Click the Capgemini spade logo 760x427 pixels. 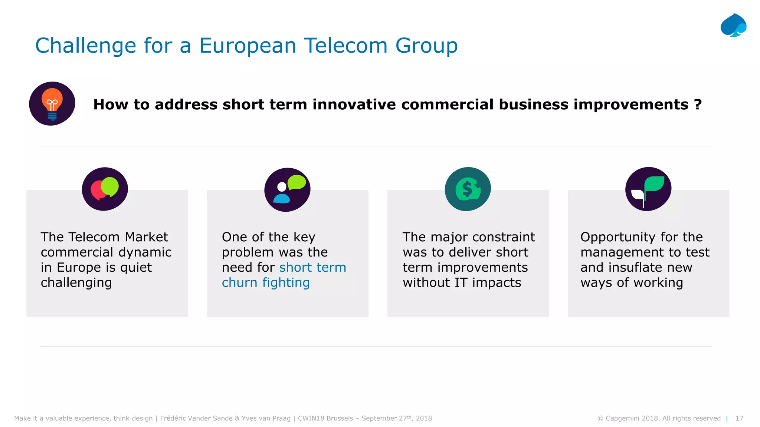pyautogui.click(x=733, y=25)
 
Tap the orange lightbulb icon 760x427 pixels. pyautogui.click(x=52, y=104)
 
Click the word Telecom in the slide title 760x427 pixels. pyautogui.click(x=345, y=46)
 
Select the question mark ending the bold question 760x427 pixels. pyautogui.click(x=698, y=105)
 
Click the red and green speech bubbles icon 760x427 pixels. pyautogui.click(x=105, y=189)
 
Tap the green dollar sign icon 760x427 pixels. pyautogui.click(x=468, y=189)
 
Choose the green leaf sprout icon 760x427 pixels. pyautogui.click(x=648, y=189)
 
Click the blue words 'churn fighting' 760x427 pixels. pyautogui.click(x=266, y=283)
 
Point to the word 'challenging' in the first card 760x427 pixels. pyautogui.click(x=76, y=283)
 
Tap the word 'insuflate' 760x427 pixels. pyautogui.click(x=636, y=268)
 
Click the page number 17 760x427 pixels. pyautogui.click(x=739, y=418)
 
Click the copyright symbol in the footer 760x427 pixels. pyautogui.click(x=600, y=418)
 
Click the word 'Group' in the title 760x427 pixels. pyautogui.click(x=426, y=46)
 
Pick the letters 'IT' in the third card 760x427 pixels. pyautogui.click(x=461, y=283)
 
